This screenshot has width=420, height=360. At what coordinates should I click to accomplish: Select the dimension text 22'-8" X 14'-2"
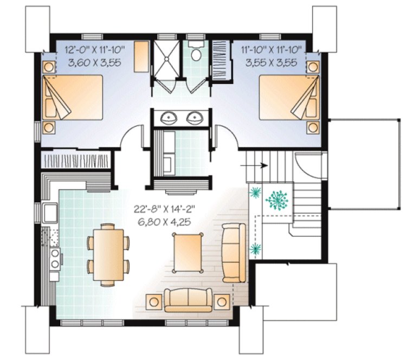[x=163, y=209]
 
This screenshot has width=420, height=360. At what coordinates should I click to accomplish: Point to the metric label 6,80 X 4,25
[x=163, y=221]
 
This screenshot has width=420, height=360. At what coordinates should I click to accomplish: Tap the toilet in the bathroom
[x=196, y=52]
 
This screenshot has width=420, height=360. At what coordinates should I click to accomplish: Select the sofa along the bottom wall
[x=188, y=300]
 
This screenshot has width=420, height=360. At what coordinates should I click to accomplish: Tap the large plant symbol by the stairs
[x=279, y=200]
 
